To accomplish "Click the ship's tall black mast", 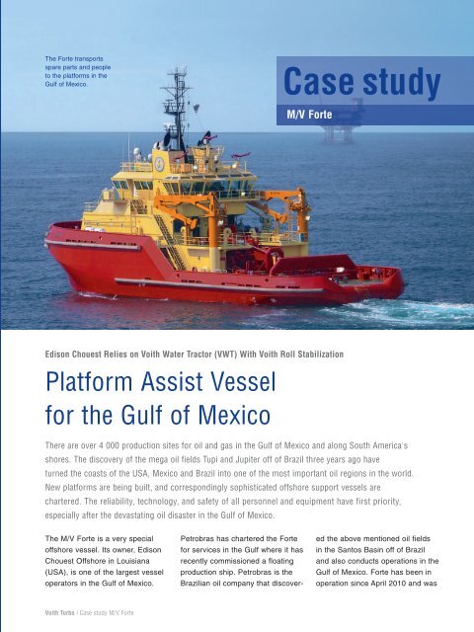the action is pos(179,109).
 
